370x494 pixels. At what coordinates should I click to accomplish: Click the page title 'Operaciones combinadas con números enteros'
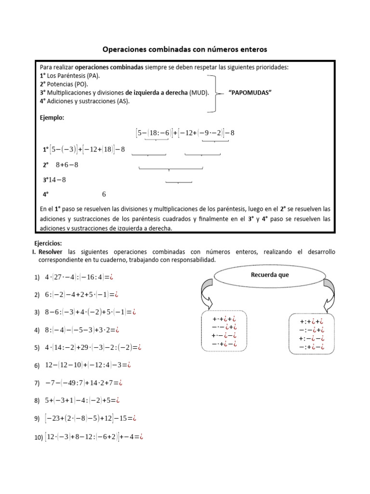click(185, 49)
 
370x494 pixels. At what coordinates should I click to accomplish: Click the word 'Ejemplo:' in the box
click(52, 117)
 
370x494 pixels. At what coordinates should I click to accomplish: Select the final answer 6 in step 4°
click(104, 194)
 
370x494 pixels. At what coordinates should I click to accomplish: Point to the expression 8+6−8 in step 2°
click(67, 165)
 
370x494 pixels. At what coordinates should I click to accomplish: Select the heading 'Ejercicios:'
click(48, 243)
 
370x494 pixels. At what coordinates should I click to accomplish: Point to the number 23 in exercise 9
click(57, 418)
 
